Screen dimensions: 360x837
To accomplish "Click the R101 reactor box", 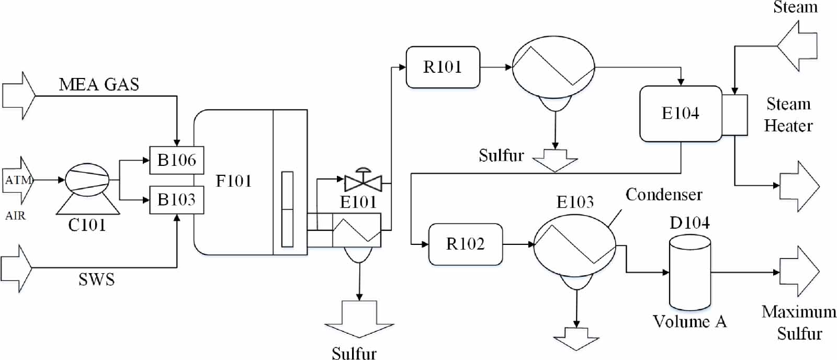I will point(443,67).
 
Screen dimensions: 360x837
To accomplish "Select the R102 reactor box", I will point(465,244).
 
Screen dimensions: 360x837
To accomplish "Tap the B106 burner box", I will point(176,160).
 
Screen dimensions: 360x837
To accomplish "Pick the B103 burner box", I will point(176,199).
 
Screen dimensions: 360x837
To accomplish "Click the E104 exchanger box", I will point(680,114).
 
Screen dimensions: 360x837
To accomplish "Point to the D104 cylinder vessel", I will point(690,272).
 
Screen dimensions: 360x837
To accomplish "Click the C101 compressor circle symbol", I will point(87,180).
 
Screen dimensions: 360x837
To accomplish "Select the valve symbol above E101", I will point(363,182).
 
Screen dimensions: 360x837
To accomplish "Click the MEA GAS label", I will point(99,84).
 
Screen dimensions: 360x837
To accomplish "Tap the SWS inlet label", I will point(96,279).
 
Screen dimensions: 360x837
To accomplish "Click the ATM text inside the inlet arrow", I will point(18,181).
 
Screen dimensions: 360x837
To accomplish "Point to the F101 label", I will point(233,181).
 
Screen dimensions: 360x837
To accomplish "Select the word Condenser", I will point(663,195).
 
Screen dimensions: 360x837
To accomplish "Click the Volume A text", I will point(689,321).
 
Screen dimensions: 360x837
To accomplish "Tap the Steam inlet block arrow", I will point(798,46).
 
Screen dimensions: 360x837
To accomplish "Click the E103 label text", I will point(575,202).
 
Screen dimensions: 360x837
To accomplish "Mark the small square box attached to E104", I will point(734,115).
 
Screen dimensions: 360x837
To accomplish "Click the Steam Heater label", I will point(788,115).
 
